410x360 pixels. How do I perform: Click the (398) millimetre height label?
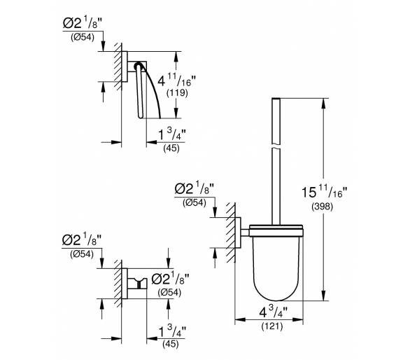tap(322, 207)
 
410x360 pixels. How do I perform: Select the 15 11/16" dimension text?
tap(324, 192)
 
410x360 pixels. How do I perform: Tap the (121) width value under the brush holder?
tap(272, 326)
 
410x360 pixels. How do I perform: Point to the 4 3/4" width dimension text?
tap(273, 312)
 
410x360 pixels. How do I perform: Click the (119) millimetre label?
tap(177, 92)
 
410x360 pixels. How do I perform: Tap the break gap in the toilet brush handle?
tap(276, 146)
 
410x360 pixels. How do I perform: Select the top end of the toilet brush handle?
tap(276, 99)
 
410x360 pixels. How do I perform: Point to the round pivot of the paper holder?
tap(139, 66)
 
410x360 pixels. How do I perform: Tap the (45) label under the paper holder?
tap(171, 148)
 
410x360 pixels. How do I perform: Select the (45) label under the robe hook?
tap(171, 345)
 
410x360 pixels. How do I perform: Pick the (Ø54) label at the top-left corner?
tap(82, 37)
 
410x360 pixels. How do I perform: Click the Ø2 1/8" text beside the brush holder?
tap(195, 188)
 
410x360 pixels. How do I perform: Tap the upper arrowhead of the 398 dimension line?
tap(324, 104)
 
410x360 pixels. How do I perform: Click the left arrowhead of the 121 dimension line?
tap(240, 319)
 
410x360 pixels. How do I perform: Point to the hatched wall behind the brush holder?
tap(231, 233)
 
